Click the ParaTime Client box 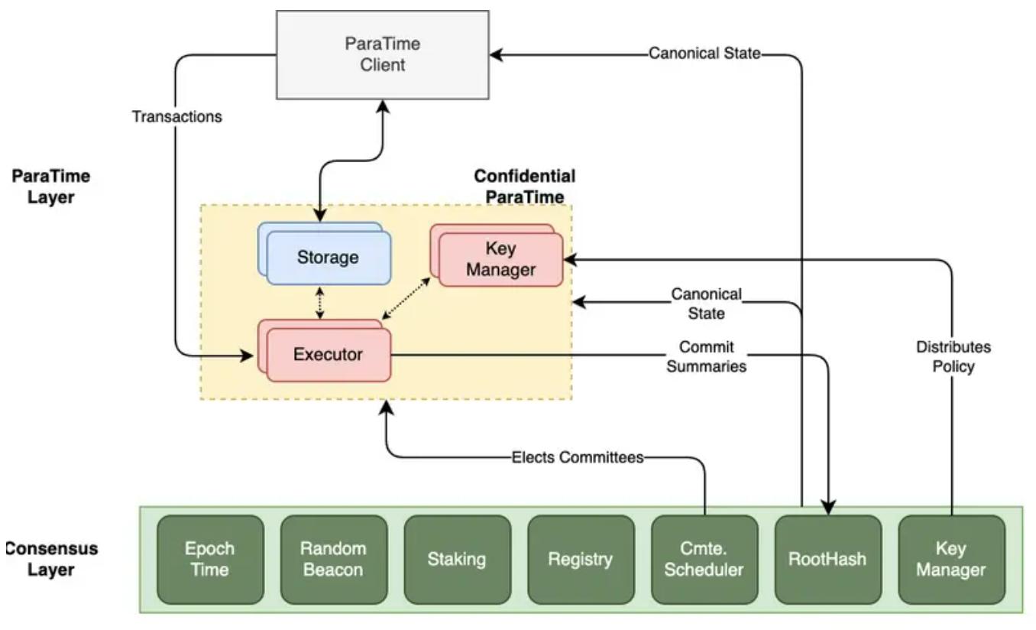[382, 54]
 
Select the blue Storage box [327, 257]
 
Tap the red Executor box [327, 354]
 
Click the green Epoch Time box [210, 559]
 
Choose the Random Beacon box [333, 559]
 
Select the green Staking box [457, 559]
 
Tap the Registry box [581, 559]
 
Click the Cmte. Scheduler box [704, 559]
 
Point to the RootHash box [827, 559]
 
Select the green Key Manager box [951, 559]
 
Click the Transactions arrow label [176, 117]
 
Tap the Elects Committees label [578, 458]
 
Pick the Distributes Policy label [953, 356]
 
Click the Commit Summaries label [706, 356]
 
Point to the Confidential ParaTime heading [525, 187]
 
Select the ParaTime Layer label [51, 187]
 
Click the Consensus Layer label [50, 559]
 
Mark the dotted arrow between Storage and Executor [320, 304]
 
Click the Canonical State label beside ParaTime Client [704, 54]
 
